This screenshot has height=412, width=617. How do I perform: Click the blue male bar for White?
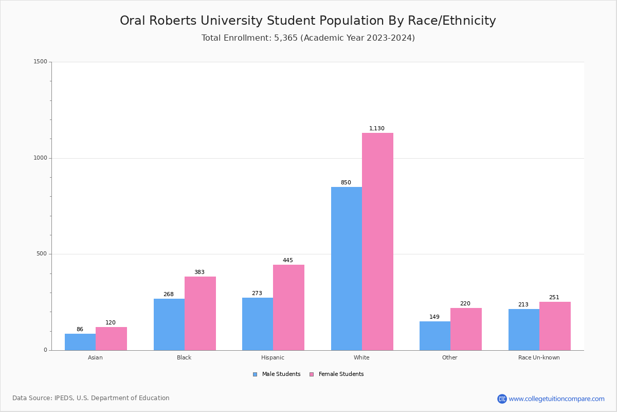[346, 268]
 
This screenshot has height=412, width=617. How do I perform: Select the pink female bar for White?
[377, 242]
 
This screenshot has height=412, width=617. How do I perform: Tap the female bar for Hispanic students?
[288, 307]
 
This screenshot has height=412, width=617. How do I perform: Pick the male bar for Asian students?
[80, 342]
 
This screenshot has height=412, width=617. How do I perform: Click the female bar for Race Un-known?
[555, 326]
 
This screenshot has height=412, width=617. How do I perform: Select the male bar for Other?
[434, 336]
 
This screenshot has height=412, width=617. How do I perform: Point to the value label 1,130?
[376, 129]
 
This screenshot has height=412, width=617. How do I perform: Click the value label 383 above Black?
[199, 272]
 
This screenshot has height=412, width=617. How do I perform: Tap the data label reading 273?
[257, 294]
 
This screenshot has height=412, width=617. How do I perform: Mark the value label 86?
[80, 330]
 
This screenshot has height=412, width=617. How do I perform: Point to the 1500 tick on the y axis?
[40, 62]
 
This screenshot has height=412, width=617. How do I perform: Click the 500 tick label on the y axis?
[42, 254]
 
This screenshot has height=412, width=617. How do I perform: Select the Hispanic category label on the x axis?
[273, 357]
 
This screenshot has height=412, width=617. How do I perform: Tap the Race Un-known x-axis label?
[539, 357]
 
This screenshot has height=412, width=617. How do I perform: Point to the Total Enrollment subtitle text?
[308, 38]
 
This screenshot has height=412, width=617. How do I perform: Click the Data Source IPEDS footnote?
[91, 398]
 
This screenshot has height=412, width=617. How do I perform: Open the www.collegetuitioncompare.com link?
[556, 399]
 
